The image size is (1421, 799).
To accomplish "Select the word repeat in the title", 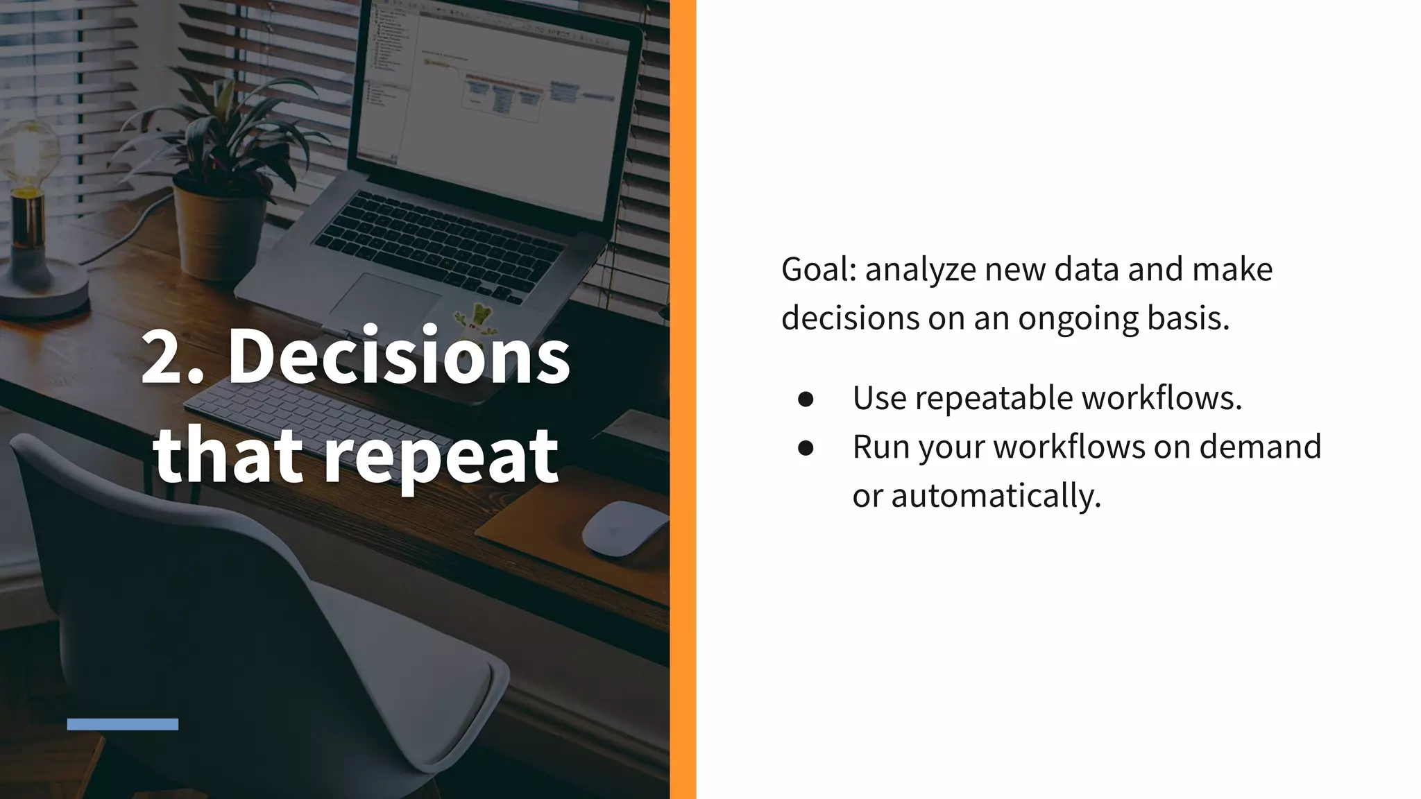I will coord(441,456).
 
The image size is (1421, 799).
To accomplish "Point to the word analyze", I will coord(920,270).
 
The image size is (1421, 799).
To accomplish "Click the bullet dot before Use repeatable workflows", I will coord(806,399).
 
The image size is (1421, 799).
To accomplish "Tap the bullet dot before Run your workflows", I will coord(806,448).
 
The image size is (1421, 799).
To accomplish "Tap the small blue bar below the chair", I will coord(123,724).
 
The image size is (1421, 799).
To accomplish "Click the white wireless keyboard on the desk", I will coord(291,409).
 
